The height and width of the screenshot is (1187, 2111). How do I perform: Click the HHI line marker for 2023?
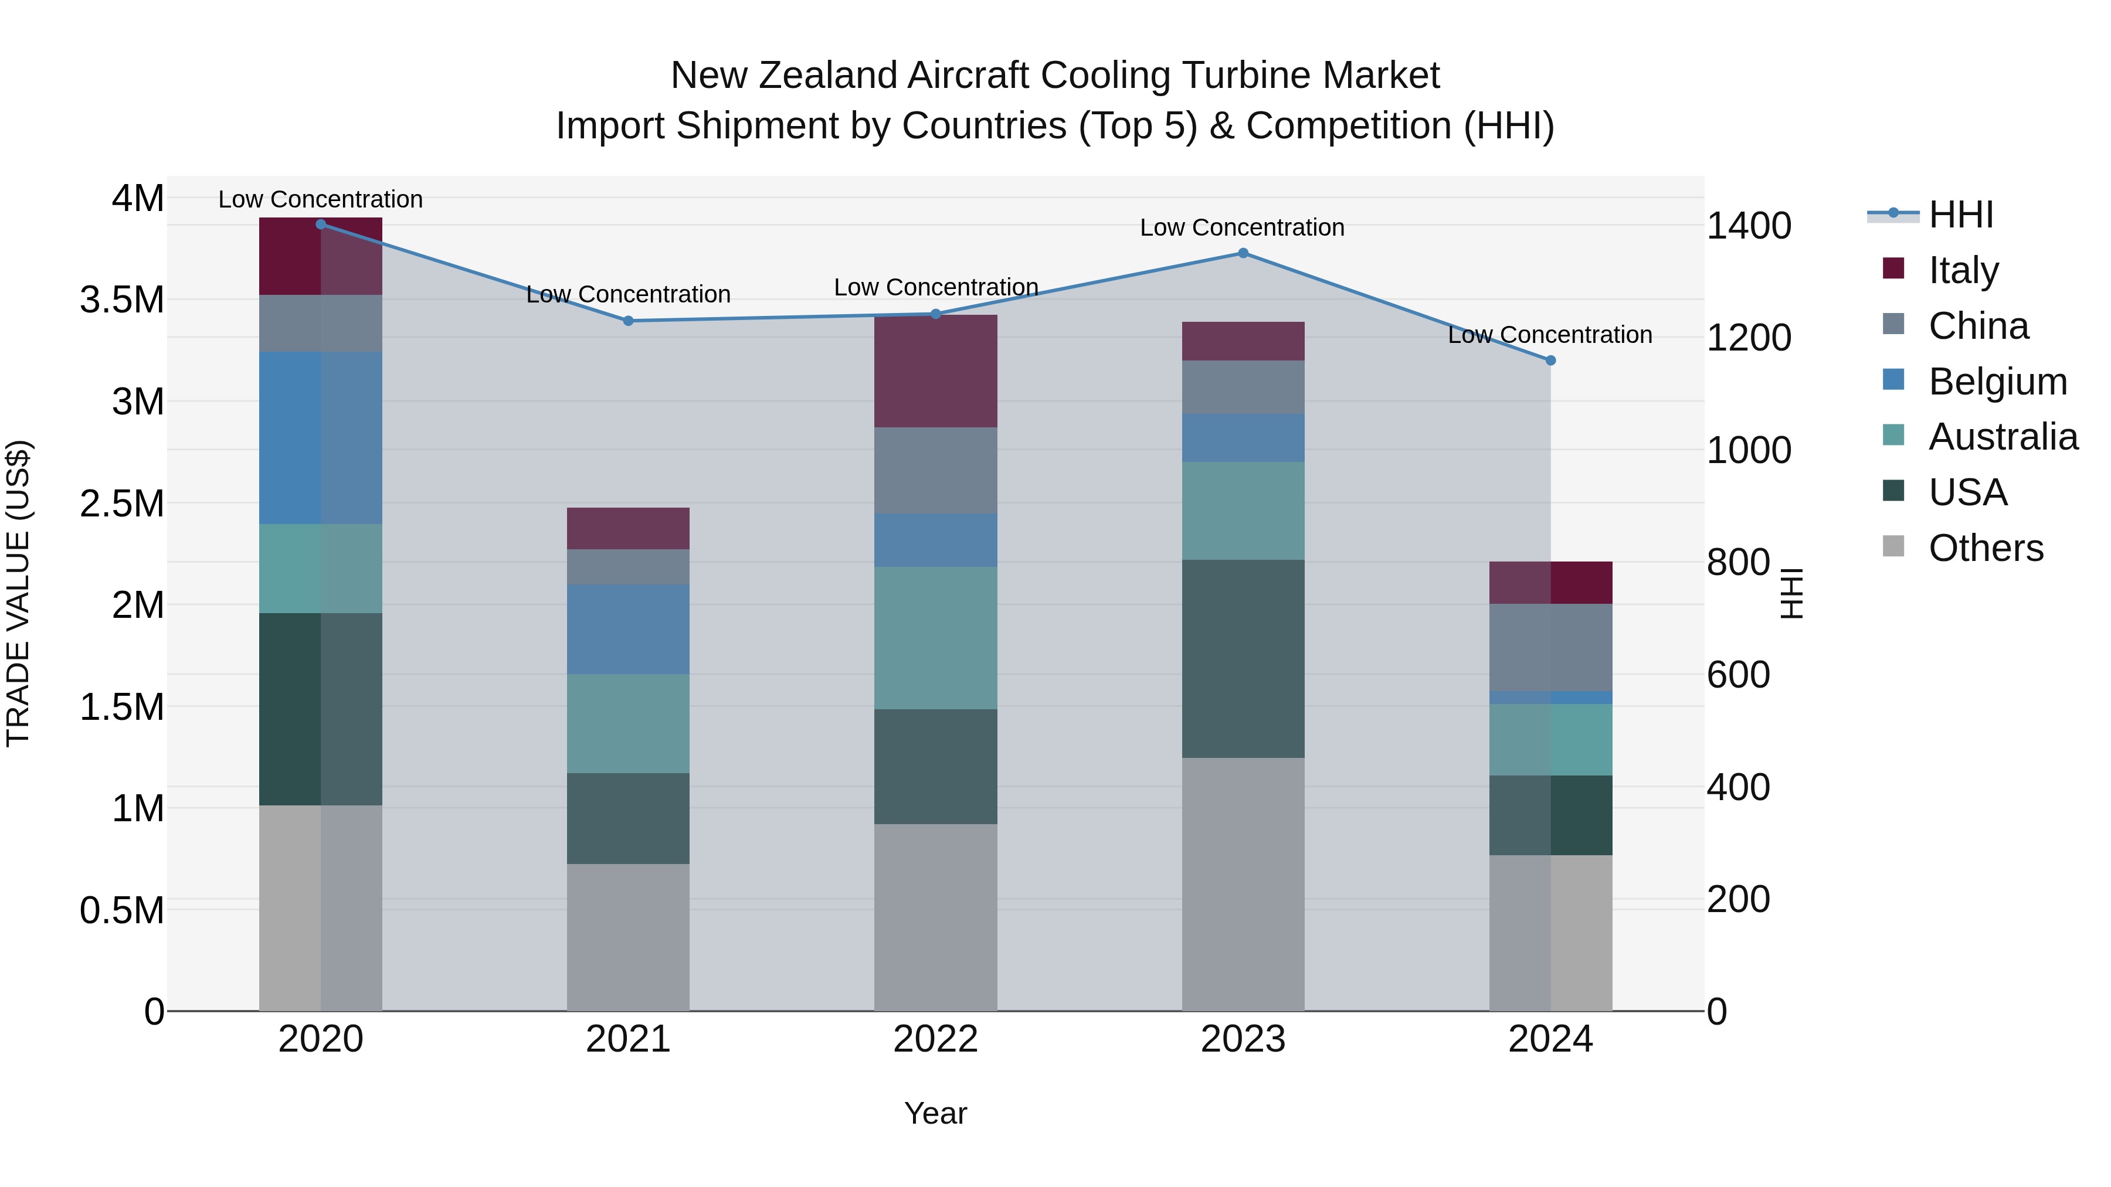tap(1243, 253)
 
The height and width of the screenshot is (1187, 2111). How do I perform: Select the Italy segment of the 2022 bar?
tap(935, 371)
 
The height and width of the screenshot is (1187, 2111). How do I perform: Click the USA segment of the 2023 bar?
tap(1243, 659)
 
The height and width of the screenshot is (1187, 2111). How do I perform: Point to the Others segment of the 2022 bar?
tap(935, 917)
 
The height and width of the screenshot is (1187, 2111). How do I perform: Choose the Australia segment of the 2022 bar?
tap(935, 638)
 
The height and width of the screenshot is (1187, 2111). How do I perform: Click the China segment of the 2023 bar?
tap(1243, 387)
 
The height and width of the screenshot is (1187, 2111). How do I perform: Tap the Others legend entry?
tap(1985, 548)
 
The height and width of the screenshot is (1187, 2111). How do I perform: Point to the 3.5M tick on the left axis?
tap(122, 300)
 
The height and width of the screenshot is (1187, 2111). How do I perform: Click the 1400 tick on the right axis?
tap(1748, 226)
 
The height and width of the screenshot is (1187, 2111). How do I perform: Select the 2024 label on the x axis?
tap(1550, 1039)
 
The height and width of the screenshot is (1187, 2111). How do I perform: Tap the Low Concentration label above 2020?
tap(320, 199)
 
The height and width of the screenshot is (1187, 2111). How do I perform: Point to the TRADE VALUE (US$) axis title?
tap(19, 593)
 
